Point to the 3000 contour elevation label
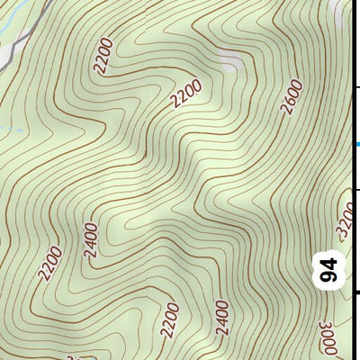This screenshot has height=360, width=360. [x=328, y=337]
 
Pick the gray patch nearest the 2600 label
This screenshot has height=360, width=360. [x=231, y=62]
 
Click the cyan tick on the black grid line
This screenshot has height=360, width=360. [x=357, y=143]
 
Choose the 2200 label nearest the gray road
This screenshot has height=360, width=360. [x=103, y=55]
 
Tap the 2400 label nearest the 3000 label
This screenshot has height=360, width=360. [x=222, y=318]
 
